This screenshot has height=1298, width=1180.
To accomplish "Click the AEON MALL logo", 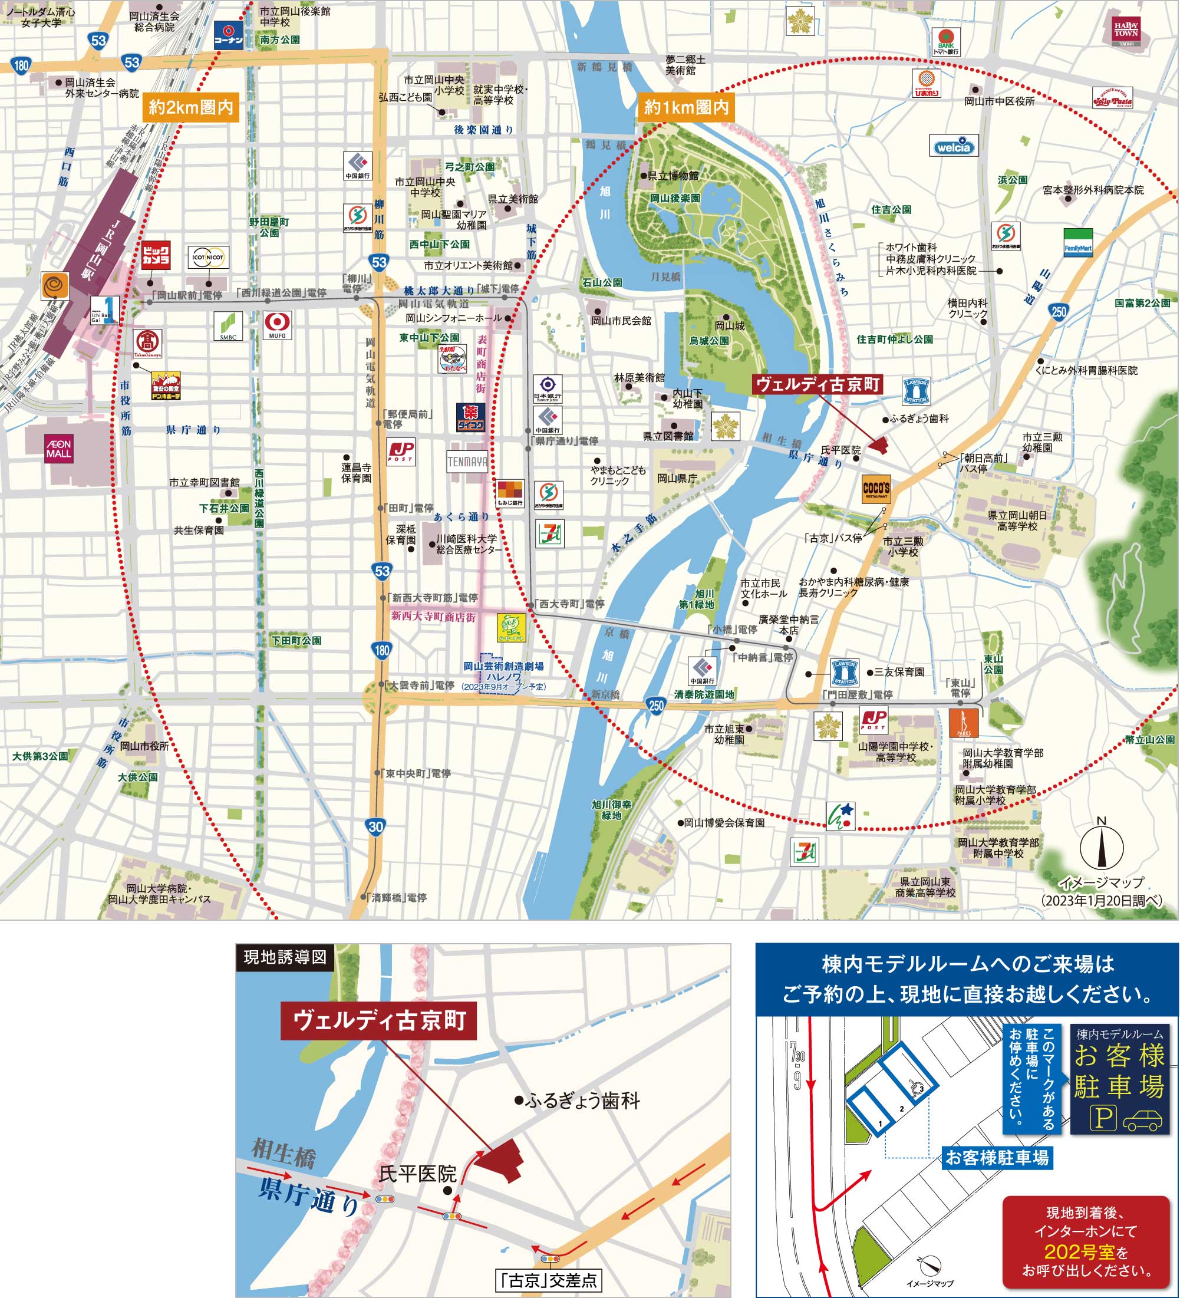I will point(58,449).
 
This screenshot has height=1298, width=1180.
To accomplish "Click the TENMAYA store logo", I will point(467,462).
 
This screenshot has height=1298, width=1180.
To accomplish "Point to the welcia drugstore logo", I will point(954,147).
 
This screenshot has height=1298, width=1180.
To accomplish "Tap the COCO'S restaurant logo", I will point(876,489).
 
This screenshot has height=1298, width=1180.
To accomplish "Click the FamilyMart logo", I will point(1078,243).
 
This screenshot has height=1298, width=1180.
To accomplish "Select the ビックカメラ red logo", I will point(156,255).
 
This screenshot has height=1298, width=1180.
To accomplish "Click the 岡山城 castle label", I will point(729,326).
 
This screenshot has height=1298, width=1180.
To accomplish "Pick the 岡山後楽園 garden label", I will point(675,198).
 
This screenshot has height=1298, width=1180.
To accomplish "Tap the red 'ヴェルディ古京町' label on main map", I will point(818,384).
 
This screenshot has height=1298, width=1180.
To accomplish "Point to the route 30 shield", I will point(376,826).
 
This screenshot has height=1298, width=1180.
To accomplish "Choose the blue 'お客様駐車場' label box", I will point(997,1158).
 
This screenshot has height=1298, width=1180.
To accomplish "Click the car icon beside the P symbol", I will point(1143,1121).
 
